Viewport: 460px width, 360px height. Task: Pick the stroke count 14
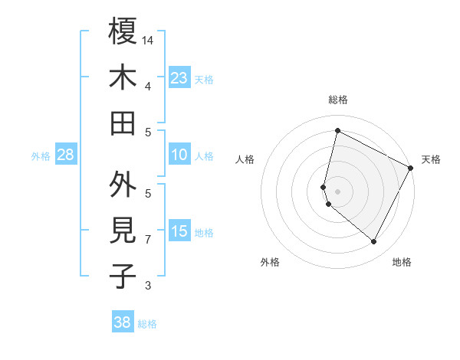pos(148,40)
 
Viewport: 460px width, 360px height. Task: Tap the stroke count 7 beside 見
pos(148,240)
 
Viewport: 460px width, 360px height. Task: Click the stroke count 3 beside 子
pos(148,286)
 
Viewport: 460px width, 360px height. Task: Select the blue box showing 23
pos(179,77)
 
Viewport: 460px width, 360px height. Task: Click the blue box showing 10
pos(179,155)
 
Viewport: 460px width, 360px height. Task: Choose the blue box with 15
pos(179,231)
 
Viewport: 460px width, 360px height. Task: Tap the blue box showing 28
pos(65,155)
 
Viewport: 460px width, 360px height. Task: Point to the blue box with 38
pos(123,322)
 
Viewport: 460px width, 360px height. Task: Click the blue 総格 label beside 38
pos(147,324)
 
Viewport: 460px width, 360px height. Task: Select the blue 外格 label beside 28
pos(41,156)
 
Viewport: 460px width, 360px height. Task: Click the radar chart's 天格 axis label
pos(431,159)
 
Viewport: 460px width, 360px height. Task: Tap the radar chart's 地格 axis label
pos(402,262)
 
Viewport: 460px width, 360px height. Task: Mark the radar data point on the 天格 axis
pos(411,168)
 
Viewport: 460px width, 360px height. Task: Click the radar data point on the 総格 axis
pos(337,130)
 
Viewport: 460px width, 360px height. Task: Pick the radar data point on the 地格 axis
pos(374,242)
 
